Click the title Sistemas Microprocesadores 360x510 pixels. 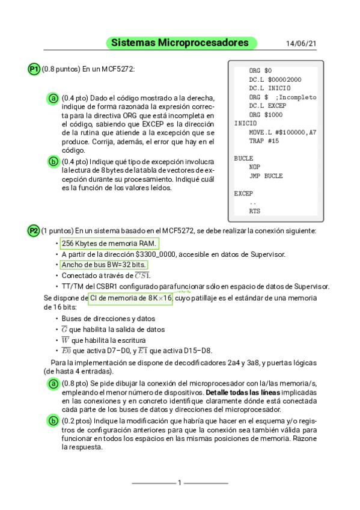click(x=180, y=43)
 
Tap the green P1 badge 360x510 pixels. click(x=34, y=69)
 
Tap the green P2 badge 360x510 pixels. click(x=34, y=231)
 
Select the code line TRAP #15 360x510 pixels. click(x=264, y=141)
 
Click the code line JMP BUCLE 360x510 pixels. click(x=266, y=176)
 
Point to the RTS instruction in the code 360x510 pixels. click(x=255, y=212)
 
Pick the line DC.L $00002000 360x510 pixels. click(x=275, y=79)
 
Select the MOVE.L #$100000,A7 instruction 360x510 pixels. click(x=282, y=132)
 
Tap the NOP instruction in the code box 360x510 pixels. click(x=255, y=167)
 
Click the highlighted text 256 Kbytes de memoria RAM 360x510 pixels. click(x=109, y=243)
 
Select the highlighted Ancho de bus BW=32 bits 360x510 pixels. click(x=104, y=265)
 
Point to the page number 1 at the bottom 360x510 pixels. click(x=180, y=482)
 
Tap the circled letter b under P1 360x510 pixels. click(x=53, y=161)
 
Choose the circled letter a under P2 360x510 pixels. click(x=53, y=384)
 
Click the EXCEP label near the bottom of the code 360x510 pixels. click(x=243, y=194)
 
